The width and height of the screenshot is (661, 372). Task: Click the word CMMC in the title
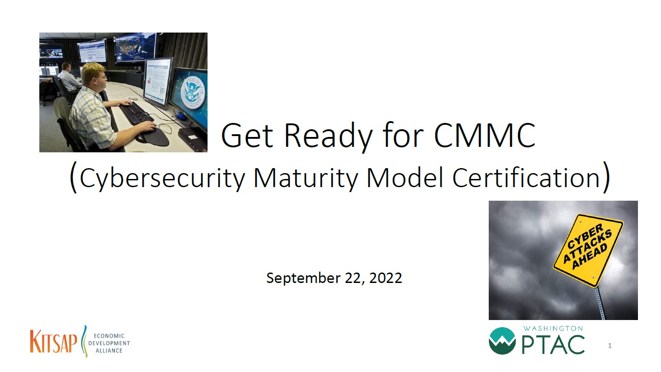coord(485,135)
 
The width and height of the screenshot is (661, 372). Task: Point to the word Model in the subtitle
coord(405,177)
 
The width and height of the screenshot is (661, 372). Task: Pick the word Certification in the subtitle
coord(526,177)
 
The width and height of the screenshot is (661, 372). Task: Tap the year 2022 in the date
coord(385,278)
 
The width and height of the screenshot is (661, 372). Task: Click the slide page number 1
coord(609,345)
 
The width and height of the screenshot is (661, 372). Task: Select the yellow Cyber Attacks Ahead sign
coord(588,250)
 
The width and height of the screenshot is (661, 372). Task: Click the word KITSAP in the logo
coord(53,341)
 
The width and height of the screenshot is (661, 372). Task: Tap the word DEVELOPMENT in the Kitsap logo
coord(109,343)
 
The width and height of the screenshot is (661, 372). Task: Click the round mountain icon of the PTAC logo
coord(502,341)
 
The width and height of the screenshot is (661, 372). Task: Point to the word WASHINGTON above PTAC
coord(553,329)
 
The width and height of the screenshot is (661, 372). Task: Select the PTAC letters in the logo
coord(552,344)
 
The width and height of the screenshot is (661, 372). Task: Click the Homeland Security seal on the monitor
coord(193,93)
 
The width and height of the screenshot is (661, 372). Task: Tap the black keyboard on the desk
coord(137,113)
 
